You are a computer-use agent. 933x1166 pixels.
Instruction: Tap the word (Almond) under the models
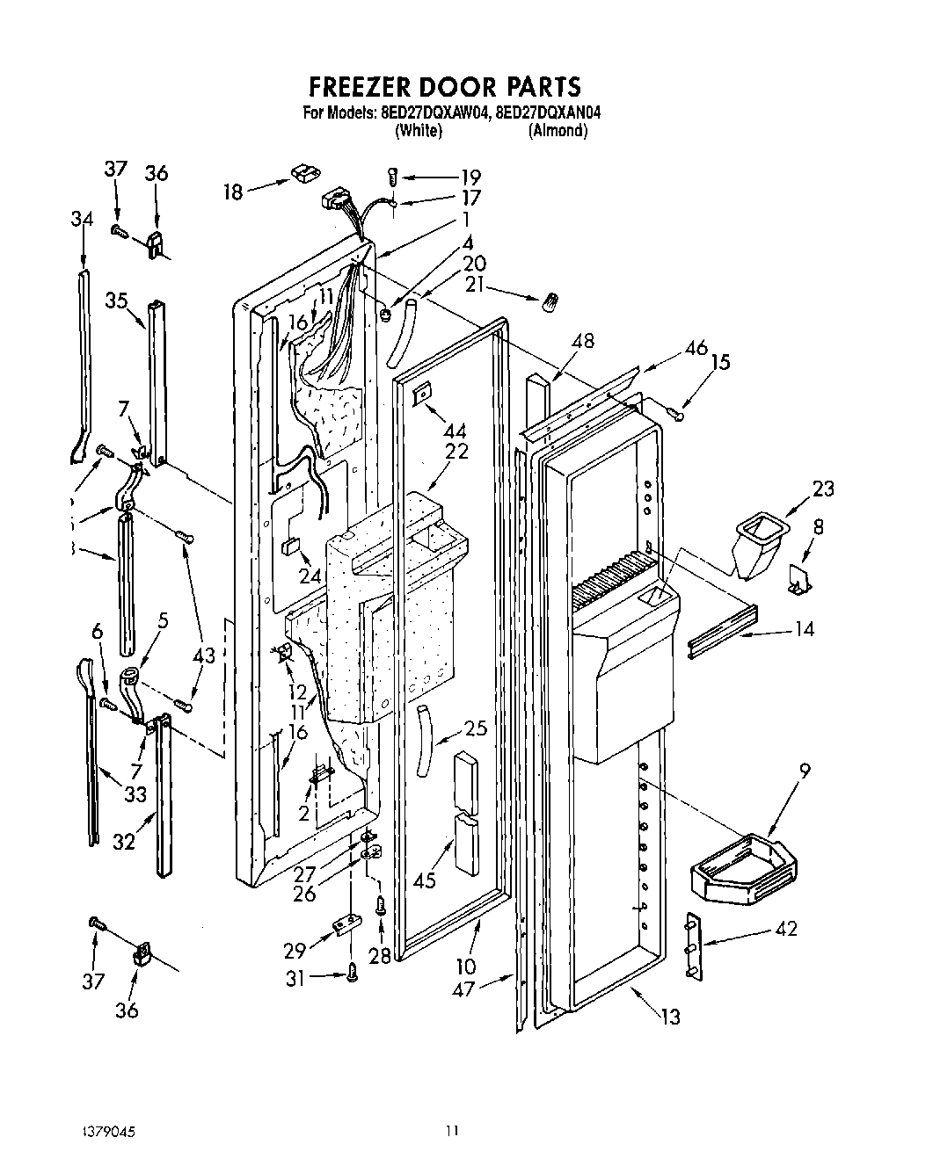coord(557,131)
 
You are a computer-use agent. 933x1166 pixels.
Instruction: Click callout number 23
coord(823,489)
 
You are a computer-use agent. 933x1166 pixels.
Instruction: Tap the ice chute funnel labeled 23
coord(757,546)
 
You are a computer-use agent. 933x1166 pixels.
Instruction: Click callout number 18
coord(232,191)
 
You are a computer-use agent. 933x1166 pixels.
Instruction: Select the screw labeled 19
coord(393,177)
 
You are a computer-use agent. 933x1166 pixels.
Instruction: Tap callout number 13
coord(670,1017)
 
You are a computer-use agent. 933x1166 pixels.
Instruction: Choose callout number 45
coord(425,880)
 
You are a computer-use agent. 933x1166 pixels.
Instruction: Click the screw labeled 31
coord(352,972)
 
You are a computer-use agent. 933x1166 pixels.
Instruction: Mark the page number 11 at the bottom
coord(451,1131)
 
